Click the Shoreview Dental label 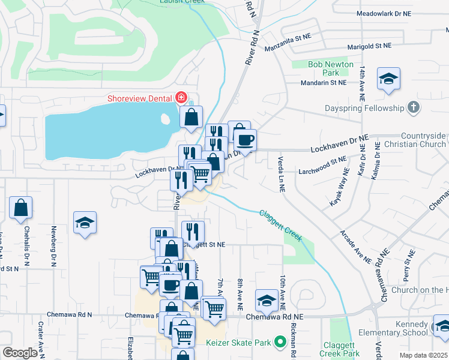tap(140, 98)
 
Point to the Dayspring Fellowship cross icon tap(412, 108)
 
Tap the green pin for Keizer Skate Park tap(279, 343)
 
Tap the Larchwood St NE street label tap(323, 160)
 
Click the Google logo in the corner tap(20, 353)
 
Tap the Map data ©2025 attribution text tap(423, 355)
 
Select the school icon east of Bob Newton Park tap(389, 79)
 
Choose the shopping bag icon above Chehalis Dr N tap(20, 208)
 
